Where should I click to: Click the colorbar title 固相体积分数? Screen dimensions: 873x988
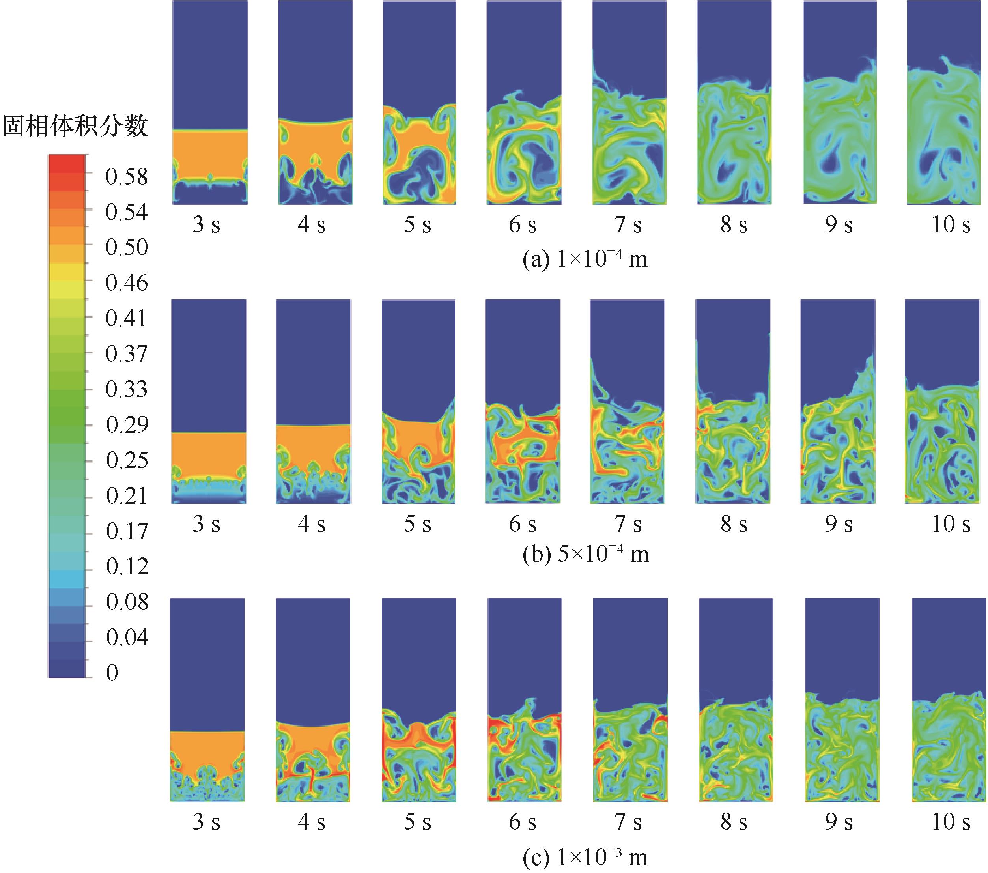tap(75, 127)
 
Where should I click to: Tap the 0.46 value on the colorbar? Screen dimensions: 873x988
tap(127, 283)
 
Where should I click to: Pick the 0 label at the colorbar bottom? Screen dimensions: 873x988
tap(112, 673)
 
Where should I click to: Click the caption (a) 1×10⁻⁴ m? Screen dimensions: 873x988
tap(585, 260)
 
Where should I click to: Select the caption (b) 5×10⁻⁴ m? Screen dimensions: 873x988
tap(585, 554)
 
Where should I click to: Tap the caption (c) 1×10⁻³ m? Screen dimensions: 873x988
tap(585, 857)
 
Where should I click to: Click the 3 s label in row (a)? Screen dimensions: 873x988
tap(206, 225)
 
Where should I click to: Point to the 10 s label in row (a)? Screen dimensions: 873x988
tap(950, 225)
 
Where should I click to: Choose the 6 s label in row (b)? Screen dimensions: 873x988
tap(522, 524)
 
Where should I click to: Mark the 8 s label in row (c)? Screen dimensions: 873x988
tap(734, 822)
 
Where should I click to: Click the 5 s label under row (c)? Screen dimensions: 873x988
tap(417, 822)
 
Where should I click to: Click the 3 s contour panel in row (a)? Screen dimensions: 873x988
tap(210, 103)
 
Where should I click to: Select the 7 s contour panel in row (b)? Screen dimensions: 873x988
tap(627, 401)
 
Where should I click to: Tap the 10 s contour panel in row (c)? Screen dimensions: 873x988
tap(949, 700)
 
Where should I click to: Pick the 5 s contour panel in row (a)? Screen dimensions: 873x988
tap(419, 103)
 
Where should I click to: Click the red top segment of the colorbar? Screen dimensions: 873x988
tap(67, 165)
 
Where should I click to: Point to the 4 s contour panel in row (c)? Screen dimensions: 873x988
tap(313, 700)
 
